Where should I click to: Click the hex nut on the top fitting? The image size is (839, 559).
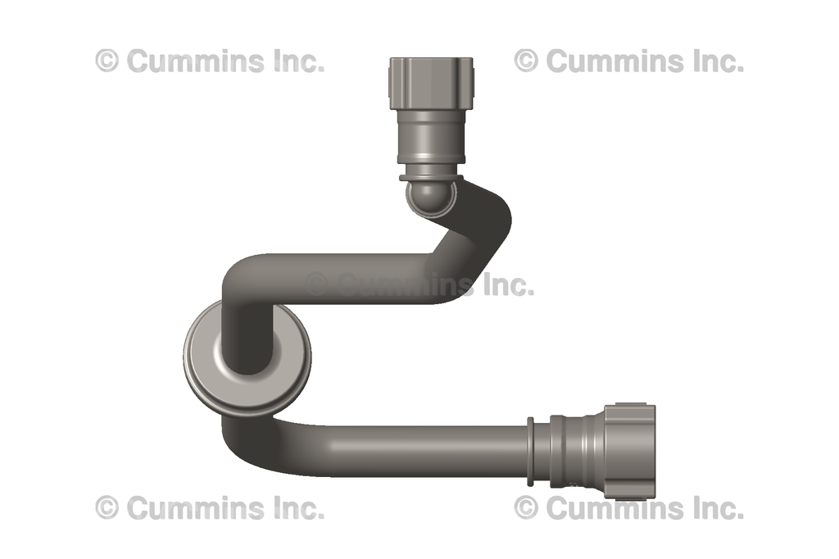click(x=430, y=78)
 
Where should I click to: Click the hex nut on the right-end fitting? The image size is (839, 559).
click(x=631, y=451)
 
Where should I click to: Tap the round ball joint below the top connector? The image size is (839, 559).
click(x=430, y=197)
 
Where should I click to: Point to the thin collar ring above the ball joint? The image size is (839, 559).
click(x=430, y=176)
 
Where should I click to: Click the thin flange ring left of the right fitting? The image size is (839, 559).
click(x=531, y=451)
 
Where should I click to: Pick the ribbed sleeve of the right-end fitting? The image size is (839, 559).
click(x=578, y=451)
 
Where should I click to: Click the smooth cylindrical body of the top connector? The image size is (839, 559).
click(x=430, y=135)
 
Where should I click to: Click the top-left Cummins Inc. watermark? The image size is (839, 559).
click(x=210, y=61)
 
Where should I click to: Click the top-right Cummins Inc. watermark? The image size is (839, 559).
click(x=629, y=61)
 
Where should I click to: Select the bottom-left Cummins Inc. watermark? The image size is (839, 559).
click(x=210, y=508)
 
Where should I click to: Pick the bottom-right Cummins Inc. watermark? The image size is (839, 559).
click(x=629, y=508)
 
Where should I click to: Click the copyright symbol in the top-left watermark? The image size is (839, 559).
click(x=107, y=61)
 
